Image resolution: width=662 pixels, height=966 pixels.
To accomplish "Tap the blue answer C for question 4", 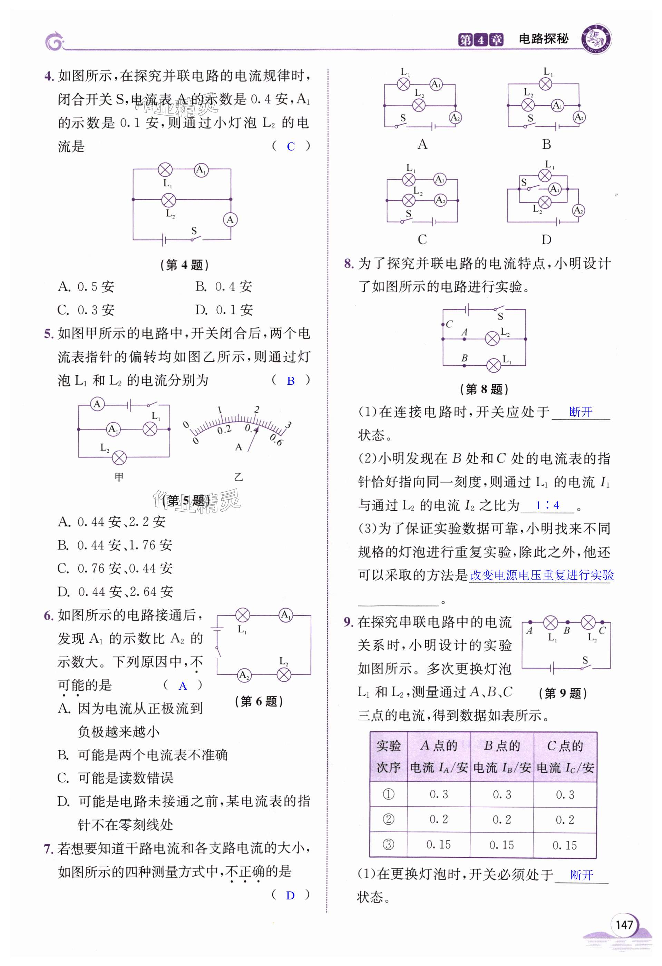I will click(291, 146).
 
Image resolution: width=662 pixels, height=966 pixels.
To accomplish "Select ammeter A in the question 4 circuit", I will click(230, 219).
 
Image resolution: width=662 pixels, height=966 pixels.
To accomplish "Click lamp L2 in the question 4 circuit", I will click(168, 200).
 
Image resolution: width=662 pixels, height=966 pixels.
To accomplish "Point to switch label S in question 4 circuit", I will click(194, 231).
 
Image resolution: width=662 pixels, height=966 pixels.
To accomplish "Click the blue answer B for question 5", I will click(291, 381).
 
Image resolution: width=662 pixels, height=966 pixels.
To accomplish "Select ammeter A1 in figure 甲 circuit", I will click(113, 429).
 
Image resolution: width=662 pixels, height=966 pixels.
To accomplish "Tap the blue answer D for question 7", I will click(290, 895).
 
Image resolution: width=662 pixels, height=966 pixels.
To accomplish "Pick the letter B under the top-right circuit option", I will click(546, 144).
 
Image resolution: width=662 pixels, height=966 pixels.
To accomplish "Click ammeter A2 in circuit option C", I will click(440, 200).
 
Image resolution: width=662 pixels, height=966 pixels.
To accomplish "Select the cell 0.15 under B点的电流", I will click(502, 845).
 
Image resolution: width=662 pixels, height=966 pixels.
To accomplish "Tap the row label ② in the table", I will click(388, 819).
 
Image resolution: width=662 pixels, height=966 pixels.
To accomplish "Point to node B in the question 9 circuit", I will click(567, 622).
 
